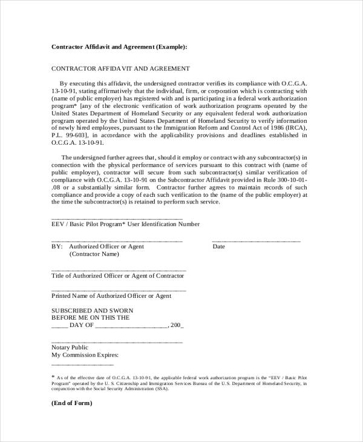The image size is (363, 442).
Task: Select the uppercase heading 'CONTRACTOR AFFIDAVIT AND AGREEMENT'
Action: (x=120, y=69)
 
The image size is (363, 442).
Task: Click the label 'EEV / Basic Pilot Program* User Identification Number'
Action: (x=125, y=224)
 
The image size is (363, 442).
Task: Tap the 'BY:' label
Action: (x=57, y=247)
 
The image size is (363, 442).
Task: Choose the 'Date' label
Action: (x=218, y=247)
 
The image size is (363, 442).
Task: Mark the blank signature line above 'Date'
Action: (x=256, y=240)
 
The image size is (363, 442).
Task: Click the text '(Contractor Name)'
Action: (x=94, y=254)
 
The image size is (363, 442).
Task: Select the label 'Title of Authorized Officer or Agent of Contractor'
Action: (x=117, y=276)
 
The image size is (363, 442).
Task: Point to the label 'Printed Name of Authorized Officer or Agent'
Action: (x=111, y=296)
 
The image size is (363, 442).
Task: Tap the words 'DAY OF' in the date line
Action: (x=82, y=325)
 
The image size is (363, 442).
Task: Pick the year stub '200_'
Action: (x=177, y=325)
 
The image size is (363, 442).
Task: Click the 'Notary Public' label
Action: (x=70, y=348)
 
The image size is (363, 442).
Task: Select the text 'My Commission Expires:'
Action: (x=85, y=355)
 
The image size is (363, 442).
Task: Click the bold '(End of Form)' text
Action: (x=71, y=403)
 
